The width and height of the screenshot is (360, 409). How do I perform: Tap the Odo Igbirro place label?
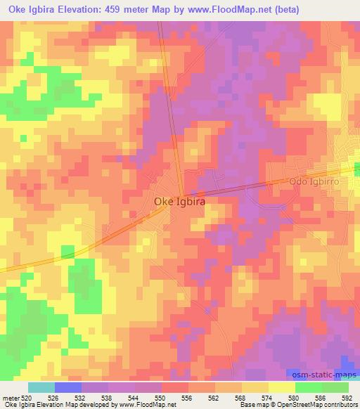pos(314,181)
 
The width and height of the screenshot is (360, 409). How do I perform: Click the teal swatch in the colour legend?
pos(41,388)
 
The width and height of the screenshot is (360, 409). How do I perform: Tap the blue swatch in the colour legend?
pos(68,388)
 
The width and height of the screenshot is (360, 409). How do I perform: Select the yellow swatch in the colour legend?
pos(281,388)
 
